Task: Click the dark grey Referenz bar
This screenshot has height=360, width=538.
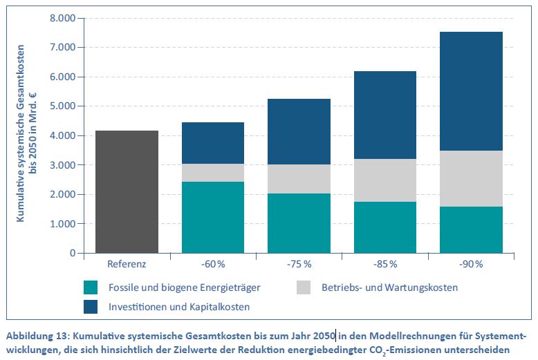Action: (x=127, y=191)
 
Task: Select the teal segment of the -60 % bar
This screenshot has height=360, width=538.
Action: (x=213, y=217)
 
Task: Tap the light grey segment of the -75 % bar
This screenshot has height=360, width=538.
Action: (x=299, y=179)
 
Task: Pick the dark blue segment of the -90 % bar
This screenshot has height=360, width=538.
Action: (x=470, y=91)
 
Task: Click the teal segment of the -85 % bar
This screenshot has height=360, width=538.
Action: (x=384, y=227)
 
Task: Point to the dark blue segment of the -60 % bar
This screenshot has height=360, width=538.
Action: (x=213, y=143)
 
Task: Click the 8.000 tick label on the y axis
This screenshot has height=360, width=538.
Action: (x=63, y=18)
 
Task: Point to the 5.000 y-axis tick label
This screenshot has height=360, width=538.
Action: (x=63, y=106)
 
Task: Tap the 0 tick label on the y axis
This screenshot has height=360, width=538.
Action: (x=72, y=254)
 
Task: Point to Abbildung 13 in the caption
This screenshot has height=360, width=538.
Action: (x=39, y=336)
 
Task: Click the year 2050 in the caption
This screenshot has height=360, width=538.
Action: (x=323, y=336)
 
